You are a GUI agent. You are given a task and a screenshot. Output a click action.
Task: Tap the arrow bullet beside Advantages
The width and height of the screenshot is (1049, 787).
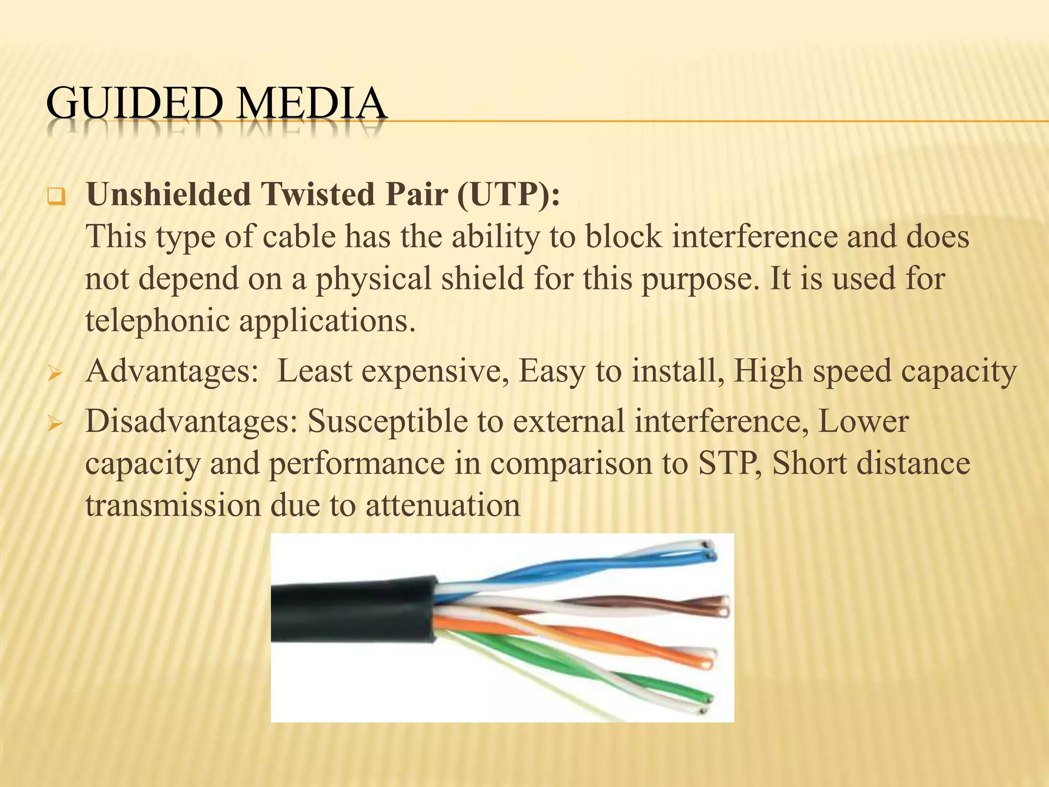tap(54, 374)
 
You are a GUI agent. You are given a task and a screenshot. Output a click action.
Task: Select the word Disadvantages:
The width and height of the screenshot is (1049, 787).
tap(191, 421)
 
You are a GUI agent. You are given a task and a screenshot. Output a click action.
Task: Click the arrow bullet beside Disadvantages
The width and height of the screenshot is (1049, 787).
tap(54, 424)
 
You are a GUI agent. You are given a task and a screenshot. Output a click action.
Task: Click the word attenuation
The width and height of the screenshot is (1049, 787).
tap(443, 505)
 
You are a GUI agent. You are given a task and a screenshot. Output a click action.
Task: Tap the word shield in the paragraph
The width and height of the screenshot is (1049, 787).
tap(482, 279)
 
